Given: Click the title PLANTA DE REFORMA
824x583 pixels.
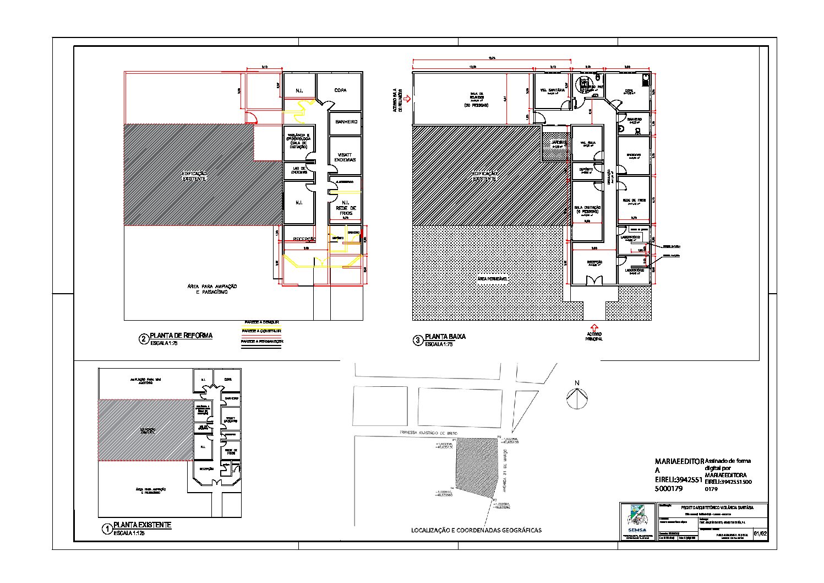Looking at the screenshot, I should (x=181, y=335).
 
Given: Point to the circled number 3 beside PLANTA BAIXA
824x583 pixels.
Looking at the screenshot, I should (x=418, y=341).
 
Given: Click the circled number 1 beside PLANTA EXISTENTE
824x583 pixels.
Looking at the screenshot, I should (x=107, y=530).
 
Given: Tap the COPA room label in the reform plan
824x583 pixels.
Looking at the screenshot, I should (x=340, y=90).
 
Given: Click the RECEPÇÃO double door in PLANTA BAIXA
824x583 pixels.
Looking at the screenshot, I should (x=593, y=282).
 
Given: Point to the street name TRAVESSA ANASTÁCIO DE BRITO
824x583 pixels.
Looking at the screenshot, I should (x=429, y=433).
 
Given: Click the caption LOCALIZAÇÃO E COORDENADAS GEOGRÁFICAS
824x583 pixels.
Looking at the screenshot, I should (x=476, y=530).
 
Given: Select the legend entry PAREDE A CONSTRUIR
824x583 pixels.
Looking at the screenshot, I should (x=261, y=331).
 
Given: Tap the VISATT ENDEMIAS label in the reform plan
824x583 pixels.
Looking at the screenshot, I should (x=345, y=157).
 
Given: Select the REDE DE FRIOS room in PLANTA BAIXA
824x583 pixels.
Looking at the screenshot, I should (x=633, y=201).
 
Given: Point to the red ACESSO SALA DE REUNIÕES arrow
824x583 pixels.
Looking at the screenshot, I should (x=407, y=100).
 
